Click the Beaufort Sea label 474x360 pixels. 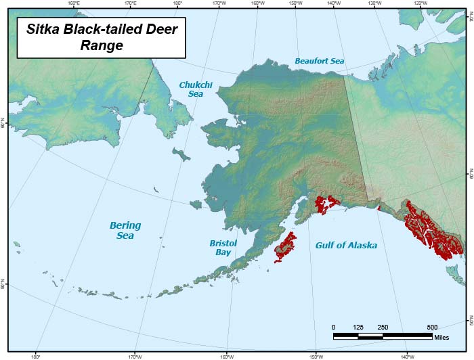tap(319, 61)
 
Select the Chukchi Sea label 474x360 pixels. tap(191, 89)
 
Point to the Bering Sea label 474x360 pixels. tap(125, 230)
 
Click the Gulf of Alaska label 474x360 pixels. tap(346, 246)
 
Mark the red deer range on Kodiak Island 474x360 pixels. tap(285, 248)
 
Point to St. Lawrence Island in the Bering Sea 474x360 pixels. tap(180, 155)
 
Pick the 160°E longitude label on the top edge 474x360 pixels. tap(74, 3)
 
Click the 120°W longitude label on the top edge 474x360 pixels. tap(419, 3)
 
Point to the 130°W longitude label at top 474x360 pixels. tap(374, 3)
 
